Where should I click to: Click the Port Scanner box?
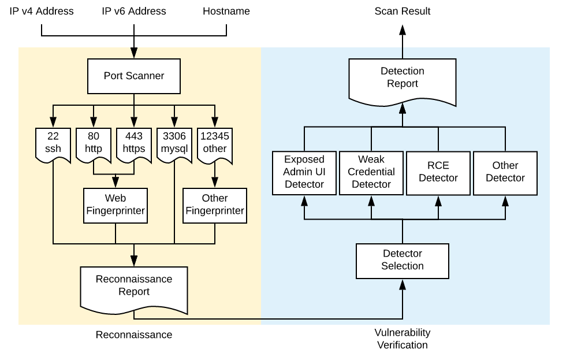point(134,76)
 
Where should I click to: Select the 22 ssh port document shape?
point(53,143)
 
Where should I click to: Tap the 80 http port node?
point(94,143)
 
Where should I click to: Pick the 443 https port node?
point(134,143)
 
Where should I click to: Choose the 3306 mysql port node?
point(174,143)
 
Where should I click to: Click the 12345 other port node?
point(215,143)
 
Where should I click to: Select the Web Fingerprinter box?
point(116,205)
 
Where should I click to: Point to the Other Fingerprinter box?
point(215,205)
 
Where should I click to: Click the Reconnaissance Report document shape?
point(134,286)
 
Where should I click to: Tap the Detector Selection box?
point(403,260)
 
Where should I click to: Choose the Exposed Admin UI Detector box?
point(304,172)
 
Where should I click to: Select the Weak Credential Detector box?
point(371,172)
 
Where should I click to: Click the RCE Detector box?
point(438,172)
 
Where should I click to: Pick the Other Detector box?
point(505,172)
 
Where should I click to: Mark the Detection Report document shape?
point(403,79)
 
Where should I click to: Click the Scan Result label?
point(403,11)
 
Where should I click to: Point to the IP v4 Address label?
point(42,11)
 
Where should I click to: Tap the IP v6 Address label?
point(134,11)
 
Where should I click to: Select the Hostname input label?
point(226,11)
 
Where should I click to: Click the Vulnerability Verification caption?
point(403,339)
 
